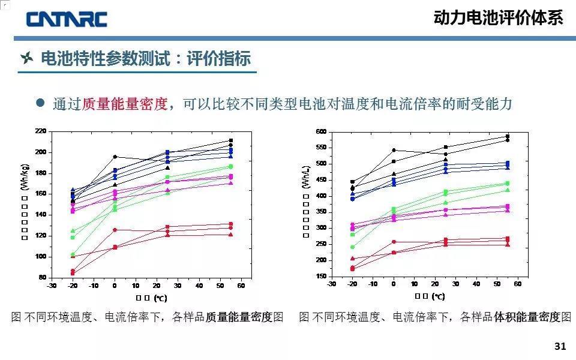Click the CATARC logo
click(66, 19)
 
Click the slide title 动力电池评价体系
click(498, 18)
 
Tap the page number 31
click(560, 346)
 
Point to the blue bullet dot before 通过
click(41, 103)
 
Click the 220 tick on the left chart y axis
click(41, 131)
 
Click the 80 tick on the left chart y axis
click(43, 277)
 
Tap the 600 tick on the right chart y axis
click(321, 131)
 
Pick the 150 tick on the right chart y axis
click(321, 276)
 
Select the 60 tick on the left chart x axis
click(241, 286)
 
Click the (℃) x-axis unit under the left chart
click(160, 298)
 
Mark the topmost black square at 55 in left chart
click(230, 140)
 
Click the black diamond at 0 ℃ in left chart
click(115, 157)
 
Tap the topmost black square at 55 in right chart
click(507, 136)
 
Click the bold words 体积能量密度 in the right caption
click(527, 317)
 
